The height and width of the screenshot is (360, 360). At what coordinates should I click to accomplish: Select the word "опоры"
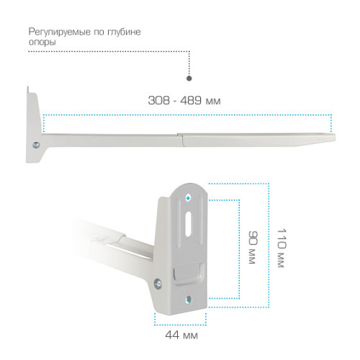pyautogui.click(x=42, y=42)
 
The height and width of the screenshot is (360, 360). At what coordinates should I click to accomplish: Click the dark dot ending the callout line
pyautogui.click(x=189, y=78)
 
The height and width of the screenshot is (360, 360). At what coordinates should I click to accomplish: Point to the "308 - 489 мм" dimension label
pyautogui.click(x=184, y=100)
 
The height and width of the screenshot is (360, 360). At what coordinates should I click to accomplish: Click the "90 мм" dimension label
pyautogui.click(x=253, y=248)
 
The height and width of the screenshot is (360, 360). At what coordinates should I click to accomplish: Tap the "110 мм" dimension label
pyautogui.click(x=282, y=248)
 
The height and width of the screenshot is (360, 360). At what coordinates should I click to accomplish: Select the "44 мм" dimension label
pyautogui.click(x=181, y=335)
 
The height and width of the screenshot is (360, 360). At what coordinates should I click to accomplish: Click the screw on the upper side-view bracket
pyautogui.click(x=36, y=145)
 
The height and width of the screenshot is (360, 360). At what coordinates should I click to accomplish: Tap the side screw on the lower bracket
pyautogui.click(x=158, y=284)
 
